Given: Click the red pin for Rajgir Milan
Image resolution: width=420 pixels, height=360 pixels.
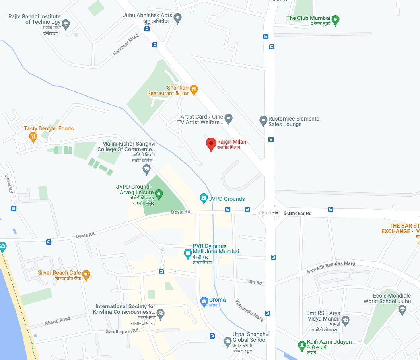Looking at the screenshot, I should [x=211, y=144].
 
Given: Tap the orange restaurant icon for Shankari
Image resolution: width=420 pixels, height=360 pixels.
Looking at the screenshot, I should [x=194, y=90].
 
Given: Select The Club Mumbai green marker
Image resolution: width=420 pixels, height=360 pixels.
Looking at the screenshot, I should [x=336, y=19].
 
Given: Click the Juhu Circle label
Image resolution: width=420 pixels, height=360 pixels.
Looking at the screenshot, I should [x=268, y=213].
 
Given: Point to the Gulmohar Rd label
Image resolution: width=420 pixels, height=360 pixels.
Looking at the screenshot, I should [x=297, y=214].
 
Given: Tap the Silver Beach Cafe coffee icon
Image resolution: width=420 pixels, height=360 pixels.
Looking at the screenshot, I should [x=86, y=274].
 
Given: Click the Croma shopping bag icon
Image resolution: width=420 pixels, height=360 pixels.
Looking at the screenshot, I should [x=204, y=301].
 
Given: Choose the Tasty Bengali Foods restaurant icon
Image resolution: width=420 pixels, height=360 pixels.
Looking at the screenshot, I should [x=33, y=137].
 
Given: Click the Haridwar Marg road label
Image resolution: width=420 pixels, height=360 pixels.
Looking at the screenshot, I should [x=126, y=45].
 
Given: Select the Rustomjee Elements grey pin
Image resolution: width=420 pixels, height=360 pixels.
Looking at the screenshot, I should [x=263, y=120].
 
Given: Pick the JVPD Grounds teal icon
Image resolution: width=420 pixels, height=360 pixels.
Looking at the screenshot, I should [x=204, y=197].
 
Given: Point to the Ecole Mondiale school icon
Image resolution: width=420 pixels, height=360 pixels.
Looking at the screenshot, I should [x=402, y=309].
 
